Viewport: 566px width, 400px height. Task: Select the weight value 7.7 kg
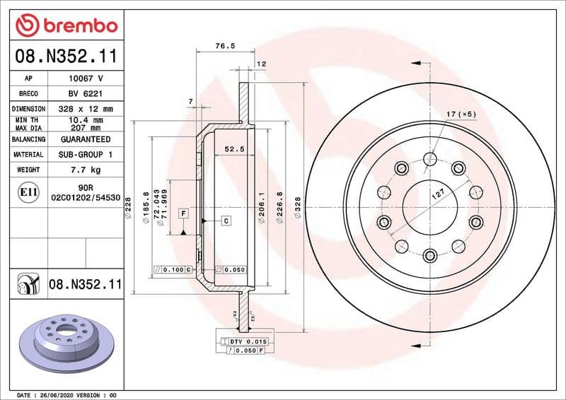coord(85,170)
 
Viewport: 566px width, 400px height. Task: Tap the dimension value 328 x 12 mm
coord(85,109)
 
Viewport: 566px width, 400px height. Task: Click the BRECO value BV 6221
coord(85,93)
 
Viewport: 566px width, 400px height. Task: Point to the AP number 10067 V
coord(85,78)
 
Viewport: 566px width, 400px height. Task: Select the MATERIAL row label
coord(28,154)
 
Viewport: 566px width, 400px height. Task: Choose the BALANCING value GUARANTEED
coord(85,139)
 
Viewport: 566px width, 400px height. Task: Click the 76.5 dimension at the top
coord(224,47)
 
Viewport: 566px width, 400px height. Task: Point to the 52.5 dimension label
coord(234,149)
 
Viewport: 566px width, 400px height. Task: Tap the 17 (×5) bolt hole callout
coord(462,113)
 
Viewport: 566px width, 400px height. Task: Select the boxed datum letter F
coord(183,213)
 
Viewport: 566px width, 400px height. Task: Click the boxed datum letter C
coord(226,221)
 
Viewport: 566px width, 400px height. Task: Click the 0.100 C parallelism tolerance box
coord(170,269)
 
